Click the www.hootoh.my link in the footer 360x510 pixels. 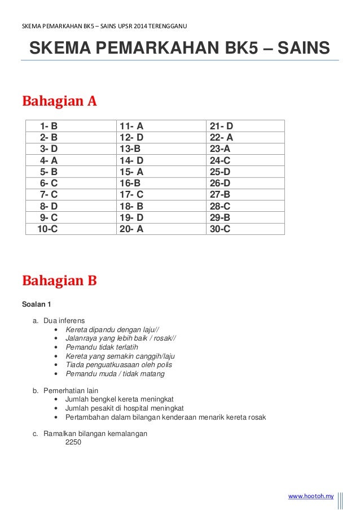click(x=311, y=496)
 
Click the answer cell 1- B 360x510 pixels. click(x=49, y=126)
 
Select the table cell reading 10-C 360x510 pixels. click(x=47, y=229)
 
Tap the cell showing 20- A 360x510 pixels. click(x=131, y=229)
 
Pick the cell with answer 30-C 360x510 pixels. click(x=220, y=229)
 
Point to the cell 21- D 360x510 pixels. click(x=221, y=126)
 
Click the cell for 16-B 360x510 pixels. click(x=130, y=184)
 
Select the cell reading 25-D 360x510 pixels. click(x=220, y=172)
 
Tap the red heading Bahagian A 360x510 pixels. click(x=59, y=101)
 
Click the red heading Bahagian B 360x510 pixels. click(x=59, y=280)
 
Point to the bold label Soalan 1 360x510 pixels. click(x=37, y=305)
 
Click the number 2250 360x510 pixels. click(x=73, y=442)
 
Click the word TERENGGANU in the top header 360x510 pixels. click(x=168, y=27)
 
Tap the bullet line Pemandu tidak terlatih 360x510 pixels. click(x=102, y=347)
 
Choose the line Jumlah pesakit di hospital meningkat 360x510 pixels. click(x=124, y=408)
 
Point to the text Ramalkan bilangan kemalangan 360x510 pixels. click(x=95, y=433)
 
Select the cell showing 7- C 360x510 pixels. click(x=49, y=195)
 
